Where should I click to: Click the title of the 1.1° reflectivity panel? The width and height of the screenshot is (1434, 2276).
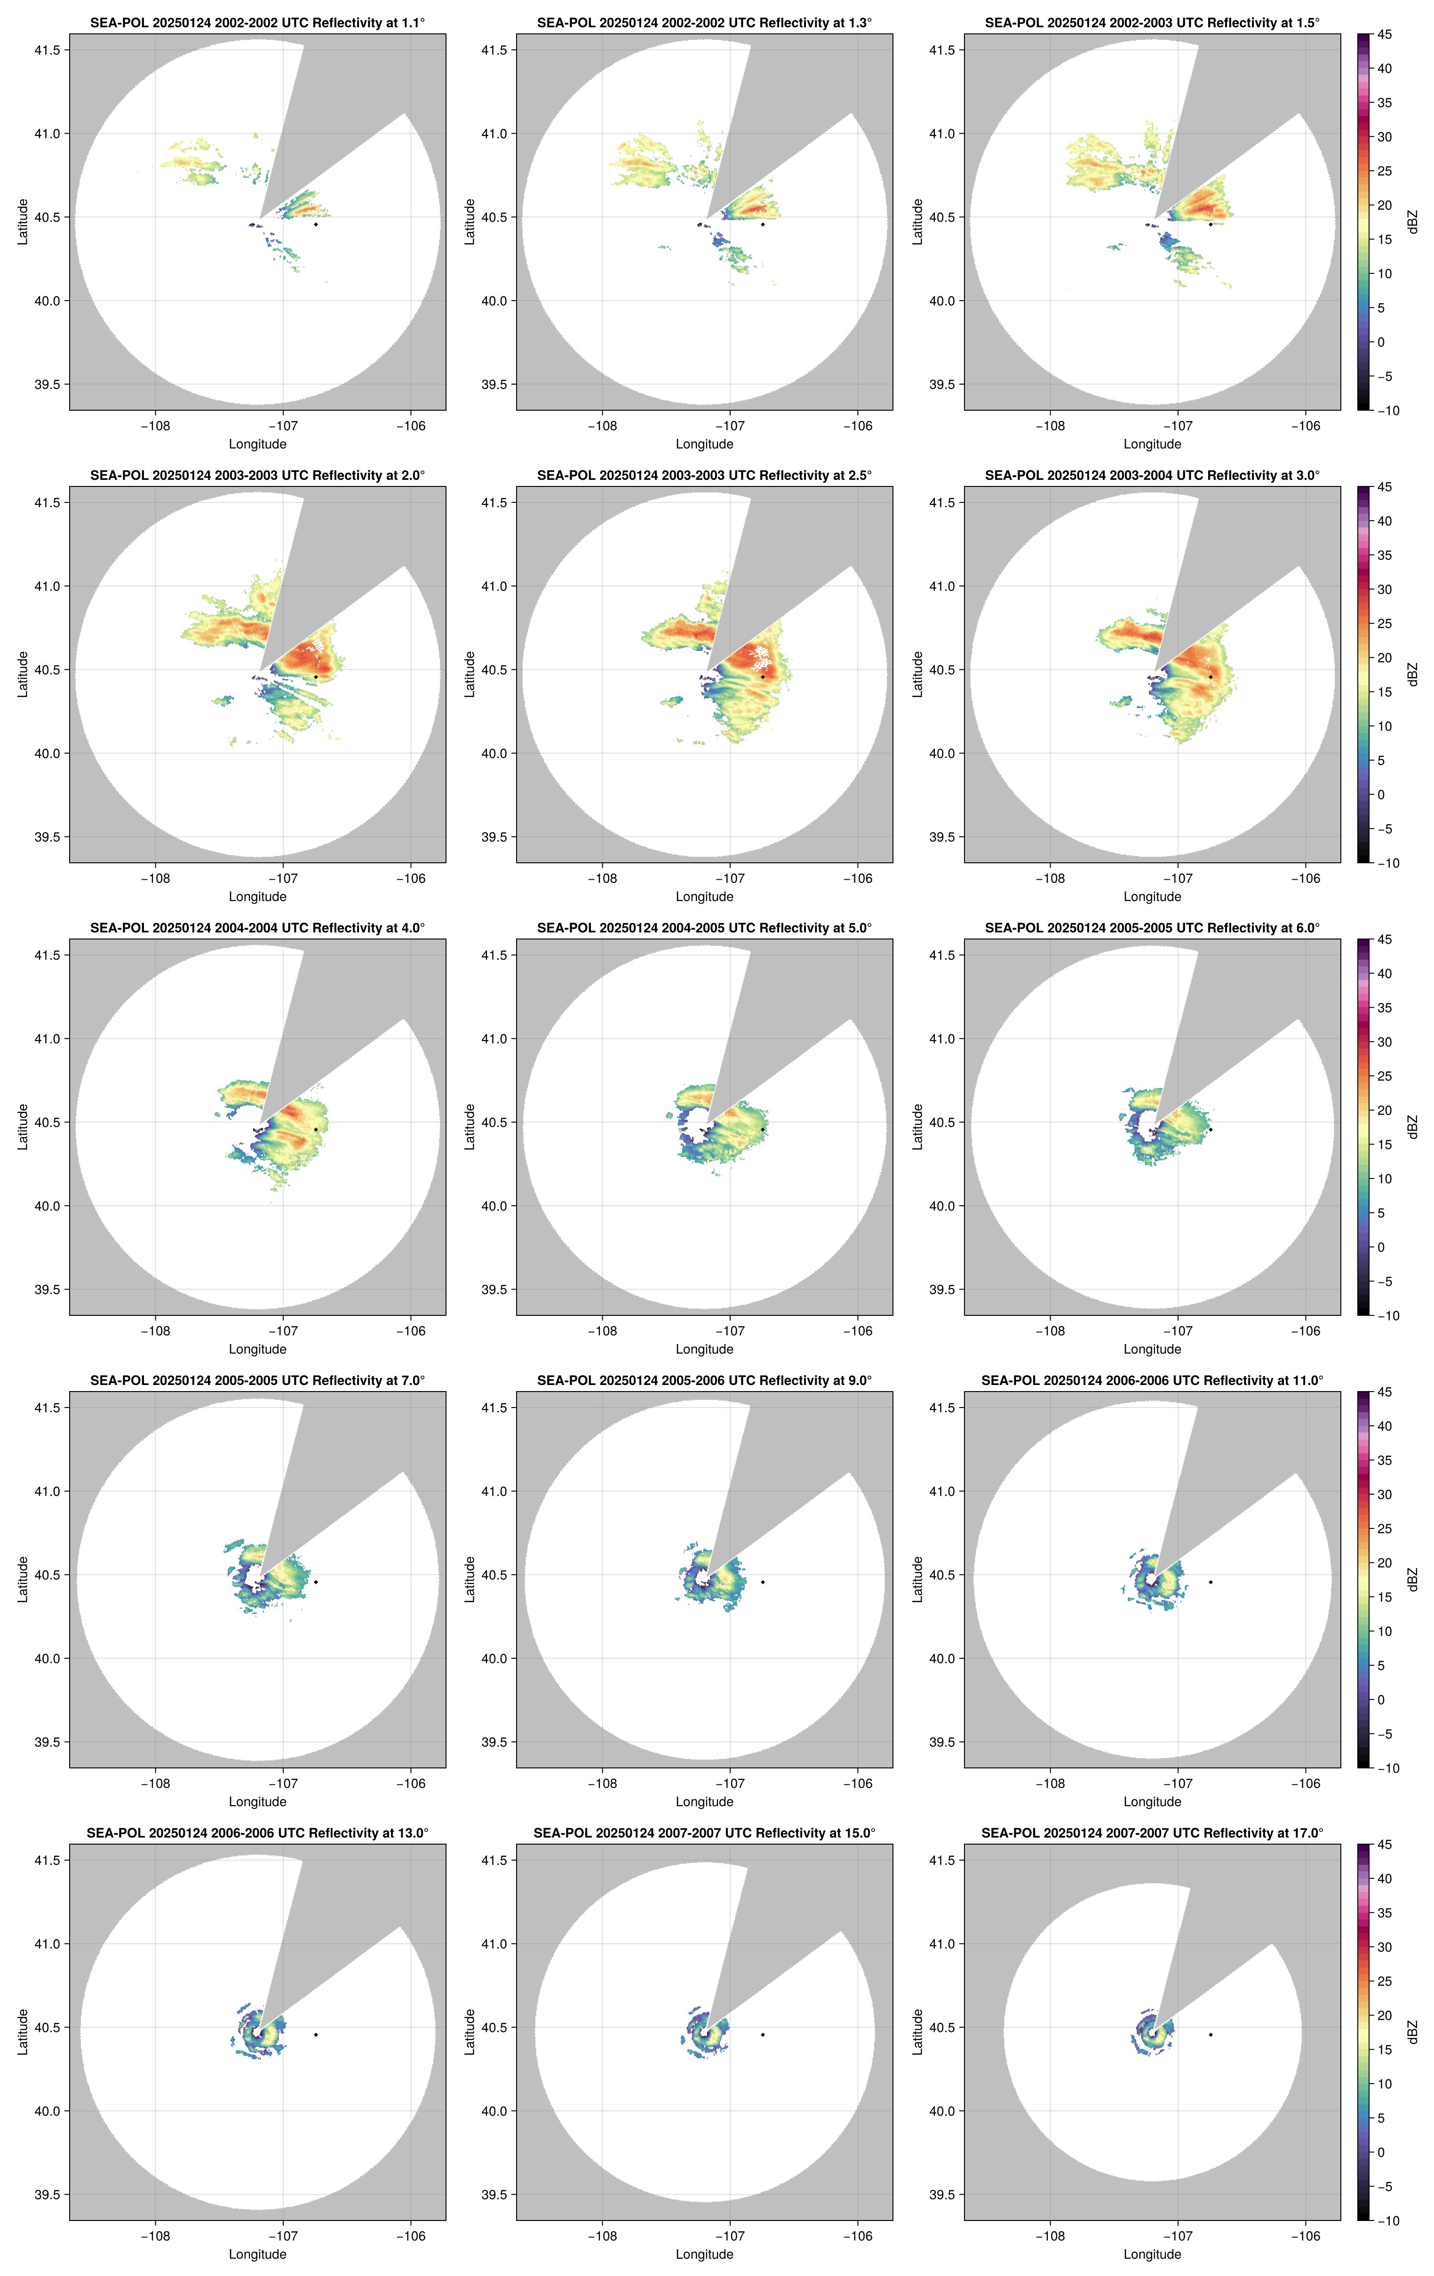(x=257, y=23)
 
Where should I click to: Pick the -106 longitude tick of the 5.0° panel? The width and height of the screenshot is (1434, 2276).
(x=857, y=1331)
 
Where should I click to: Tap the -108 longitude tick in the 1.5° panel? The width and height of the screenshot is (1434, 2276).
(x=1050, y=426)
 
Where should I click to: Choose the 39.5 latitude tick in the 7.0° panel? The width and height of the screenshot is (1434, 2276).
(x=47, y=1742)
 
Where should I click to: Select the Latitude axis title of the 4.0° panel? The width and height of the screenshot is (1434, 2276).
(x=23, y=1127)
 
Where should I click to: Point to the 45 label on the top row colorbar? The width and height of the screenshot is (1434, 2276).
(x=1384, y=35)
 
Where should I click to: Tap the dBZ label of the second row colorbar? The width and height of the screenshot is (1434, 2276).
(x=1412, y=675)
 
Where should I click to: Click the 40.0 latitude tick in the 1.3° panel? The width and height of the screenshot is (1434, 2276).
(x=494, y=301)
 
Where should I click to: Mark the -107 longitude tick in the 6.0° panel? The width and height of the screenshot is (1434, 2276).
(x=1178, y=1331)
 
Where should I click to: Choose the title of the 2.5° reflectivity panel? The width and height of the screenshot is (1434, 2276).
(x=704, y=476)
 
